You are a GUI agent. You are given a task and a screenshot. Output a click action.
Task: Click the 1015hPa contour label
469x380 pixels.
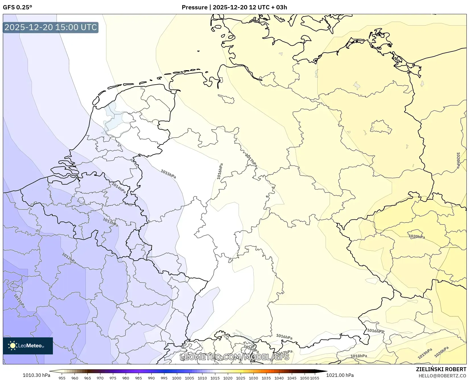click(x=168, y=174)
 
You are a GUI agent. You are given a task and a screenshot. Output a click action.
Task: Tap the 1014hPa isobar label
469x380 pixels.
click(x=119, y=188)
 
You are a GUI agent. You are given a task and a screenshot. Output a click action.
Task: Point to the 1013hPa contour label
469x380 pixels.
click(x=110, y=222)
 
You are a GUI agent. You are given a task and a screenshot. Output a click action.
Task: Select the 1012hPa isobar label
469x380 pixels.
click(x=69, y=258)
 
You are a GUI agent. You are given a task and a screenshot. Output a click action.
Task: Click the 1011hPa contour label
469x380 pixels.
click(x=19, y=301)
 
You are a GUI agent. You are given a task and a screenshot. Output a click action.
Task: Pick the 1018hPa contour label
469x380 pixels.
click(x=359, y=356)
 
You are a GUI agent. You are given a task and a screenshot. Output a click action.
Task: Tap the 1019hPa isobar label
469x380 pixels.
click(x=425, y=354)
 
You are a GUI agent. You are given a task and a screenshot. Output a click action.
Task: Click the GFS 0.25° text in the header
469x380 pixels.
click(x=17, y=7)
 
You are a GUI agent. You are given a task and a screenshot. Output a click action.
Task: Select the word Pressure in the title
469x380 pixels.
click(x=195, y=7)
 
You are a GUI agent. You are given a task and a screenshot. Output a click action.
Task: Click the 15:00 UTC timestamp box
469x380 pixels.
click(x=51, y=27)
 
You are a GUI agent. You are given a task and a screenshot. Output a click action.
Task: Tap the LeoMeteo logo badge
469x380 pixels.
click(x=28, y=346)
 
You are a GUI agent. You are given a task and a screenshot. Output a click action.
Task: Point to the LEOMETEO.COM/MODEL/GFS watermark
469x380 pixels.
click(x=235, y=357)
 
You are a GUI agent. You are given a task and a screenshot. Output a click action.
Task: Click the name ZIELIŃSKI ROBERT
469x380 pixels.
click(x=441, y=369)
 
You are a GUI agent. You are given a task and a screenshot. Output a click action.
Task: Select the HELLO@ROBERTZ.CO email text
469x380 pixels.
click(x=442, y=376)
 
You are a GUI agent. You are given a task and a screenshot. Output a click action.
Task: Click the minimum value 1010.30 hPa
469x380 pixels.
click(x=36, y=375)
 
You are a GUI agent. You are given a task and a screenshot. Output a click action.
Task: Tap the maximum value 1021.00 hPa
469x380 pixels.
click(x=340, y=375)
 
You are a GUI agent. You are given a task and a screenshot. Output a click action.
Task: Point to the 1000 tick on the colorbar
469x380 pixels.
click(x=176, y=378)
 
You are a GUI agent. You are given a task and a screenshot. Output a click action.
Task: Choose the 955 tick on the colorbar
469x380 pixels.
click(x=62, y=378)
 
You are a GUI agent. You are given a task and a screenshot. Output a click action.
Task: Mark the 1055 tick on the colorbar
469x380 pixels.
click(x=314, y=378)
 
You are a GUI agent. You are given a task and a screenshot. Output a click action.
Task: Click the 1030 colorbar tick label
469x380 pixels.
click(x=253, y=378)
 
